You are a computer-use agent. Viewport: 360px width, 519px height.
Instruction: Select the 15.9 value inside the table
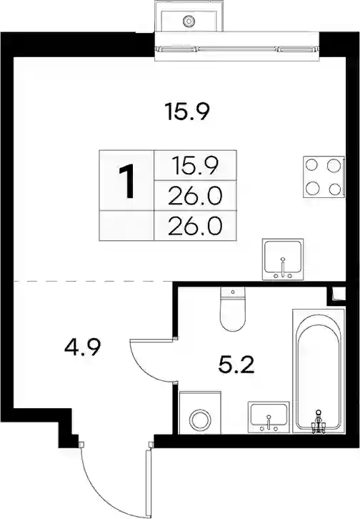pos(195,165)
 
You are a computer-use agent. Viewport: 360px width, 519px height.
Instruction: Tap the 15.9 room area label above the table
pos(187,112)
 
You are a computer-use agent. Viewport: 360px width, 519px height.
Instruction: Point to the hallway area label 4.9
pos(82,347)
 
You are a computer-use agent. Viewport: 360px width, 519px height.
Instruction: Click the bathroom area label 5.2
pos(236,365)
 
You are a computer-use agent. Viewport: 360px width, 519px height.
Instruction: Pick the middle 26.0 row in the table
pos(195,195)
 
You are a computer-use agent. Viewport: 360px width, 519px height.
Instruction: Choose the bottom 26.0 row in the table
pos(195,226)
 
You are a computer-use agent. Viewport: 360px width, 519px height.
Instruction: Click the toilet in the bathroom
pos(233,309)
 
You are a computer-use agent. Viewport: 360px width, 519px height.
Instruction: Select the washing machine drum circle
pos(200,420)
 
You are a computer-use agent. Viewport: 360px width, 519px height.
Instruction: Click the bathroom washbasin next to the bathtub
pos(269,417)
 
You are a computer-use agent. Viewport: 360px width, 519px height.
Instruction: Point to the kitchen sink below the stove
pos(283,259)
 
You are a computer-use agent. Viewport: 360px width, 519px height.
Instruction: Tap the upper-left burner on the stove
pos(312,165)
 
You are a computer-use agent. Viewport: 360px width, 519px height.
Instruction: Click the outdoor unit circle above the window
pos(189,21)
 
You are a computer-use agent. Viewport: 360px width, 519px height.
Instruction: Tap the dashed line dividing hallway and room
pos(92,282)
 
